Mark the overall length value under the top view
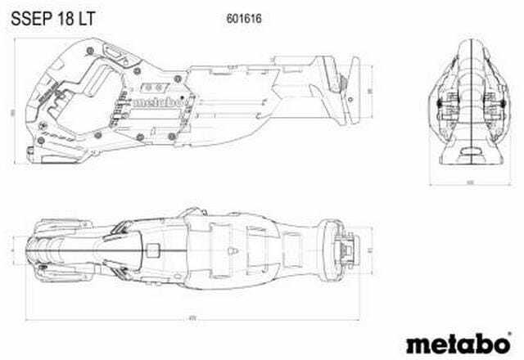pyautogui.click(x=193, y=319)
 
